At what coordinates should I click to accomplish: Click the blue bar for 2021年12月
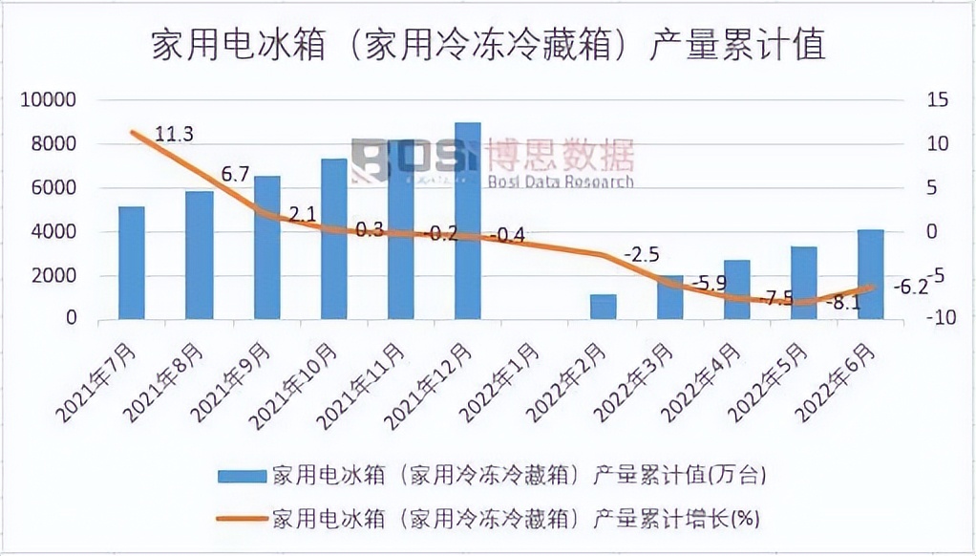coord(467,221)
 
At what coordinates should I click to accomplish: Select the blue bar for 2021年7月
coord(131,263)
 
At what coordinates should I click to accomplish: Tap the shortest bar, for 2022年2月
coord(603,307)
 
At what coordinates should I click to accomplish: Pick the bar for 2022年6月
coord(870,274)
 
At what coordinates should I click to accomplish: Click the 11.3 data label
coord(174,134)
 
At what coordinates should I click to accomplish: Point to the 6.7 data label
coord(235,174)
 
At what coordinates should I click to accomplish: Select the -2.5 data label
coord(641,255)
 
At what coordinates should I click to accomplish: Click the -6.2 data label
coord(909,286)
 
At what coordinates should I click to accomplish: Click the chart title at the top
coord(488,45)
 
